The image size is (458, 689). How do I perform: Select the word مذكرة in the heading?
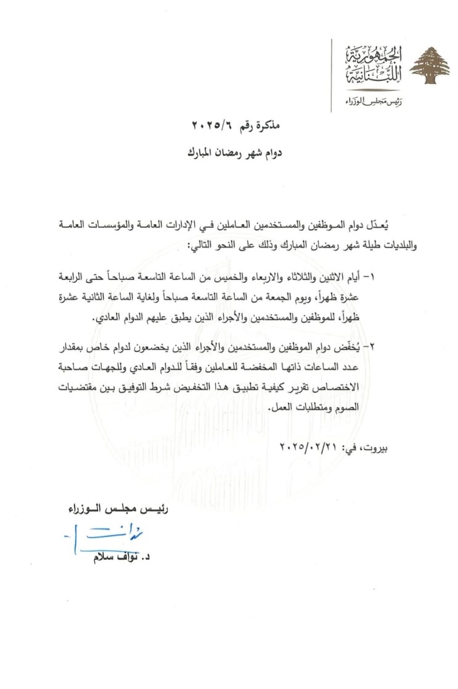(266, 127)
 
